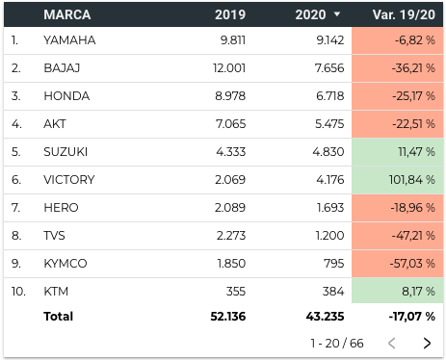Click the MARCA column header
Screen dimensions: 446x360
coord(67,14)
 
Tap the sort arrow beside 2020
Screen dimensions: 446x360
coord(337,14)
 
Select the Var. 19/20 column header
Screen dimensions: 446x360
coord(404,14)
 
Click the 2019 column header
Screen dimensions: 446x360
coord(230,14)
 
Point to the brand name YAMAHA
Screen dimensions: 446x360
coord(69,40)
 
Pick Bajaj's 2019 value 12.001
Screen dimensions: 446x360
coord(229,68)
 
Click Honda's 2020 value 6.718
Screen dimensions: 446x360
coord(330,96)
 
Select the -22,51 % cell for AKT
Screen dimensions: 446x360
coord(398,124)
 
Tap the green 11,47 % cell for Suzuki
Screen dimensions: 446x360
coord(398,152)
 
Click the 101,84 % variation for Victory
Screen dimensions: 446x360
coord(412,180)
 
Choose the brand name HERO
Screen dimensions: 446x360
coord(61,208)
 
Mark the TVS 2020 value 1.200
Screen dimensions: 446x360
coord(329,236)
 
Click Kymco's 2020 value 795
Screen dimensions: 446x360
coord(334,264)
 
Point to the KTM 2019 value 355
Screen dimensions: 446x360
coord(236,292)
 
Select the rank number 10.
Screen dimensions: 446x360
coord(18,292)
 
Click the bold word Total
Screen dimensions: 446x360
coord(59,317)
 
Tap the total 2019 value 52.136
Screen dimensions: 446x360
coord(228,317)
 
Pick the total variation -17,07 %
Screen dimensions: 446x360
coord(412,317)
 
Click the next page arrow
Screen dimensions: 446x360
coord(427,343)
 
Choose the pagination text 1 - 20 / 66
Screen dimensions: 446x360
coord(337,344)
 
